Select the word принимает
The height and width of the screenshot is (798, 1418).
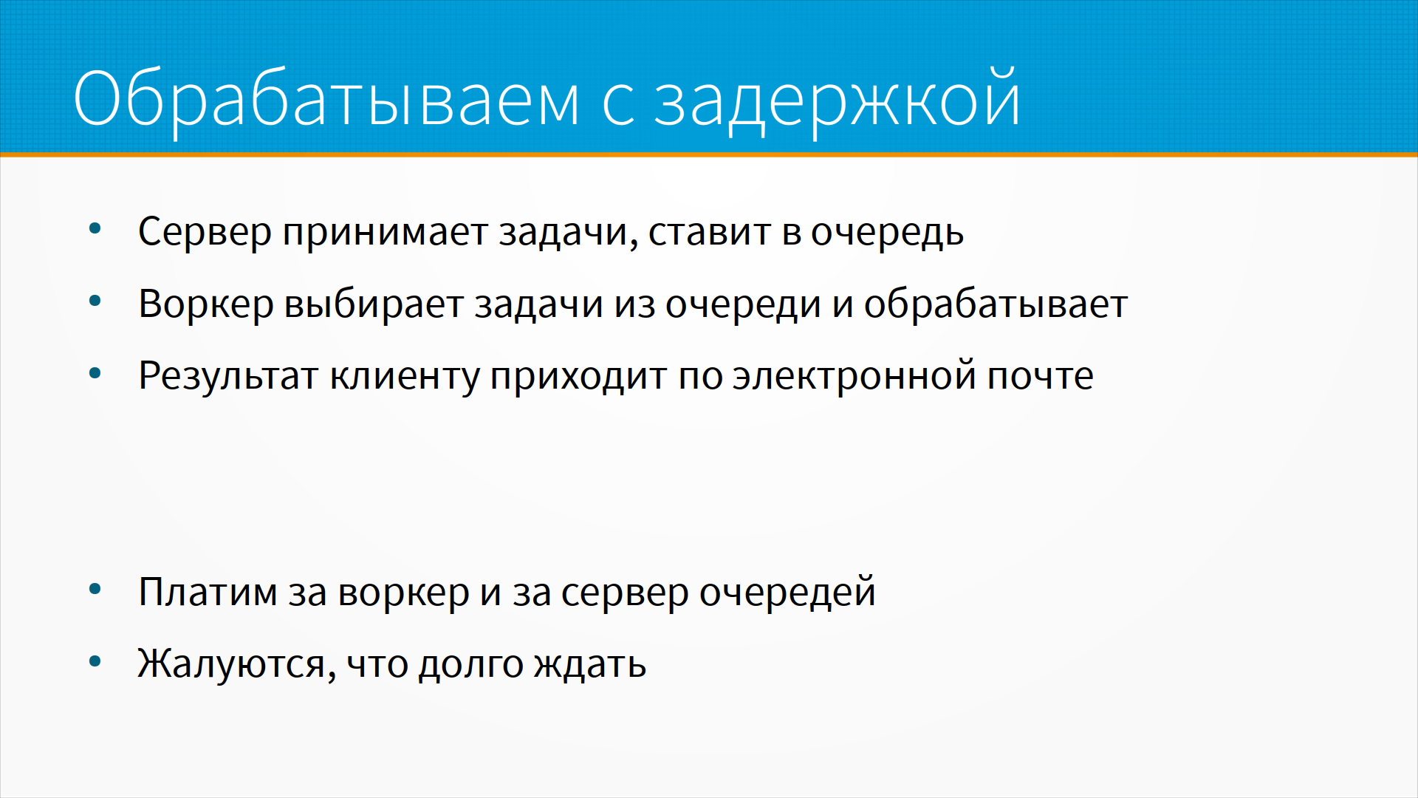pos(385,233)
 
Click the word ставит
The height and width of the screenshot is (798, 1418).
pos(710,232)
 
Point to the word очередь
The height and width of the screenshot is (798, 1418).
pos(887,233)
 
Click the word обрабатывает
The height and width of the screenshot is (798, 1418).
pos(996,304)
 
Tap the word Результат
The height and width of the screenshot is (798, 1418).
pos(228,376)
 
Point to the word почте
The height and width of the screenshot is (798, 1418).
pos(1041,375)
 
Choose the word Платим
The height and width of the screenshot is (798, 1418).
pos(208,593)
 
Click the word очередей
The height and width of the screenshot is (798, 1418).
pos(787,593)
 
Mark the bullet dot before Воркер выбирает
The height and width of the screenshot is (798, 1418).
pos(95,301)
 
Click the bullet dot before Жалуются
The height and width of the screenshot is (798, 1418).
pos(95,661)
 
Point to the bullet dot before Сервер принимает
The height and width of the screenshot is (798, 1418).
pos(95,229)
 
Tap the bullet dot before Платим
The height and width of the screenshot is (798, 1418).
pos(95,590)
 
